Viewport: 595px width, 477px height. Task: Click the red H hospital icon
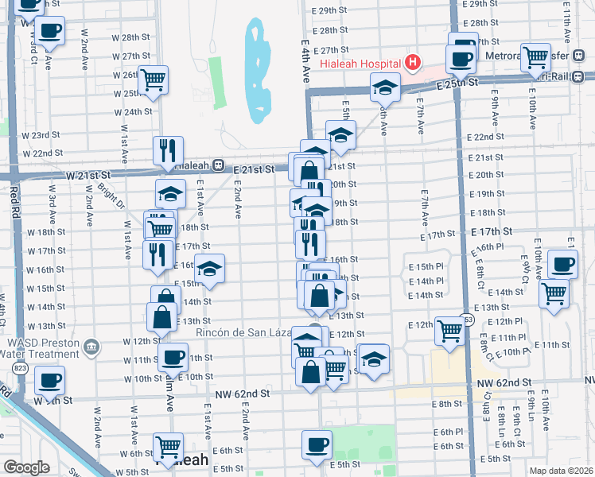413,61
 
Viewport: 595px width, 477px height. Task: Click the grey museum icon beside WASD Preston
93,347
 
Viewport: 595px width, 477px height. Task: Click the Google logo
26,467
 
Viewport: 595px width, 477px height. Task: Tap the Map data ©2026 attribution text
560,471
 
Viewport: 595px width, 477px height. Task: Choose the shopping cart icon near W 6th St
168,447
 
